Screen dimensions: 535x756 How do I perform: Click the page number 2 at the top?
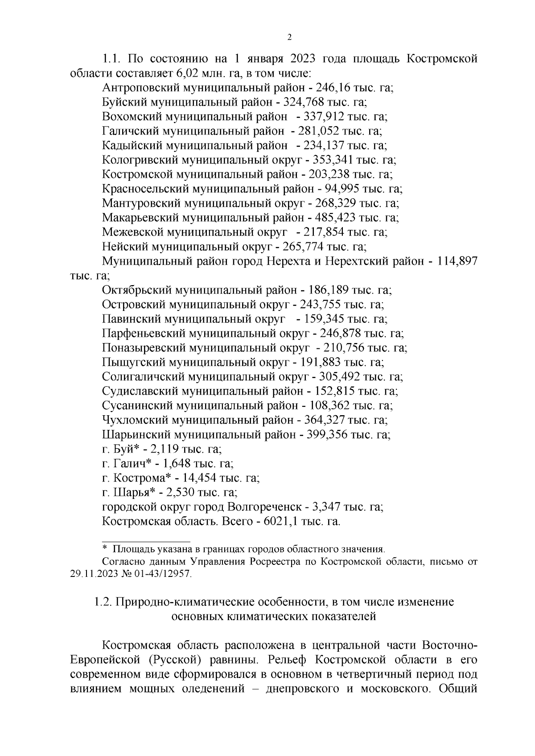289,37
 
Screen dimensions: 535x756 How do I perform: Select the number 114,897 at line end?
458,262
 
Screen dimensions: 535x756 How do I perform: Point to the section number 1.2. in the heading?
103,602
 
